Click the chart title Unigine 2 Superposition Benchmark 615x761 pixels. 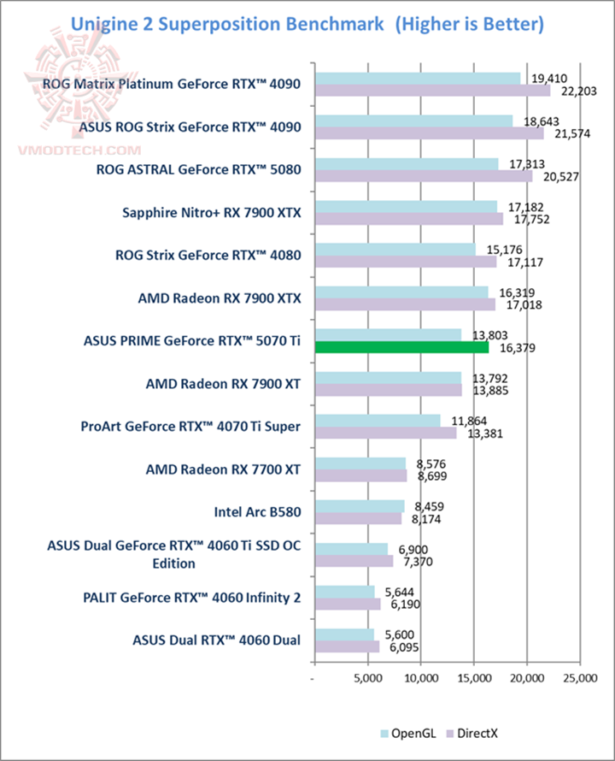point(307,23)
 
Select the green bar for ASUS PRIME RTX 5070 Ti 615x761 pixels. point(401,347)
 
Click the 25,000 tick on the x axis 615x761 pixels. point(579,679)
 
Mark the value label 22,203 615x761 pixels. point(567,91)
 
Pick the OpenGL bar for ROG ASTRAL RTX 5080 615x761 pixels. point(407,163)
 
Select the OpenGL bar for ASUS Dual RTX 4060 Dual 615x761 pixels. point(345,634)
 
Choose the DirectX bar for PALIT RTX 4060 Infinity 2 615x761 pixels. point(348,604)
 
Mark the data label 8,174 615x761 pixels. point(419,518)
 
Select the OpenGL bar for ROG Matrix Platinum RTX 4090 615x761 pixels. point(418,78)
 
